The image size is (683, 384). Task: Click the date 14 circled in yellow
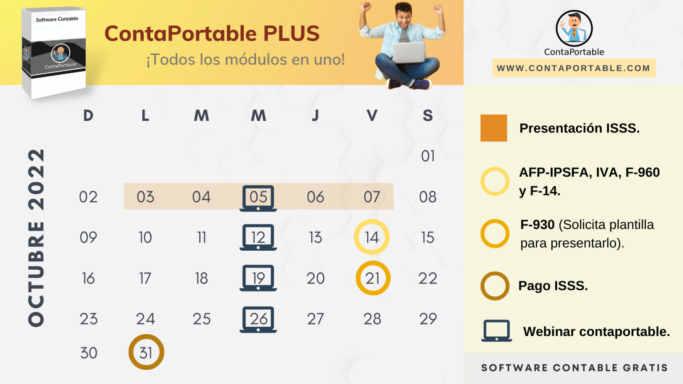point(372,237)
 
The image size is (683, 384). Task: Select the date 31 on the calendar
point(146,352)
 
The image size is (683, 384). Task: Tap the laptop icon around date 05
point(258,198)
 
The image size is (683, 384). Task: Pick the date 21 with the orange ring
point(373,278)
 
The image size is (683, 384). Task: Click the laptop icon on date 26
point(258,319)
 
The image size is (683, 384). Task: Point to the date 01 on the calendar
point(428,156)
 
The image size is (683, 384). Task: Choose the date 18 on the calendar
point(201,278)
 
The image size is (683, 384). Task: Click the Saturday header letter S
point(428,116)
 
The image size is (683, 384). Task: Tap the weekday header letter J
point(315,116)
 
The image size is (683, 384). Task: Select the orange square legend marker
point(494,128)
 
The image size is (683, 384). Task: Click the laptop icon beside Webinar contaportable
point(496,331)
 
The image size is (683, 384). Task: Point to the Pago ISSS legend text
point(553,286)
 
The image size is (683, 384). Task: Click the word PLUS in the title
point(291,34)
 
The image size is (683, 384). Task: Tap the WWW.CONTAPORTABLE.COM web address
point(574,68)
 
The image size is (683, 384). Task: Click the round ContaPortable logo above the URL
point(574,28)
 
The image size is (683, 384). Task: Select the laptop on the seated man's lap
point(408,52)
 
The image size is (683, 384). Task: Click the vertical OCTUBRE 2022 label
point(36,238)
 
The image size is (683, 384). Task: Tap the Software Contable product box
point(54,52)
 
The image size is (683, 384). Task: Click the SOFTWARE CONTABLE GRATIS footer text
point(575,368)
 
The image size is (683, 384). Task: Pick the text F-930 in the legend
point(537,225)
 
